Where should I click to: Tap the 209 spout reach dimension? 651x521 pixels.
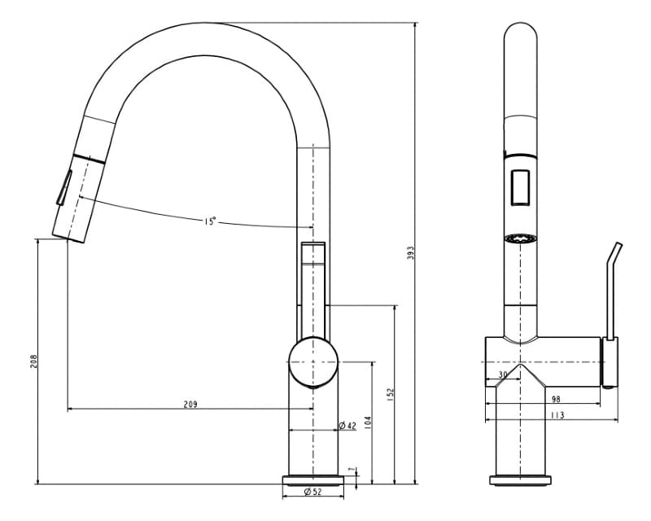coord(190,404)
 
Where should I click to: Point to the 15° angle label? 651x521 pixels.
coord(210,221)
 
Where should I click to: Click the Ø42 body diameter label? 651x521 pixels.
coord(347,426)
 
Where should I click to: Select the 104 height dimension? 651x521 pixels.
coord(368,423)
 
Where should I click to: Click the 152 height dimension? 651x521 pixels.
coord(391,394)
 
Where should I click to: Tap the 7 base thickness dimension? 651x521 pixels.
coord(351,470)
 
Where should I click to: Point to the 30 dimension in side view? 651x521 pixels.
coord(502,374)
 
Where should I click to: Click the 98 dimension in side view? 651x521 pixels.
coord(555,399)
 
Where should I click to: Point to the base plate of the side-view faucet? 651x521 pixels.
coord(521,479)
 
